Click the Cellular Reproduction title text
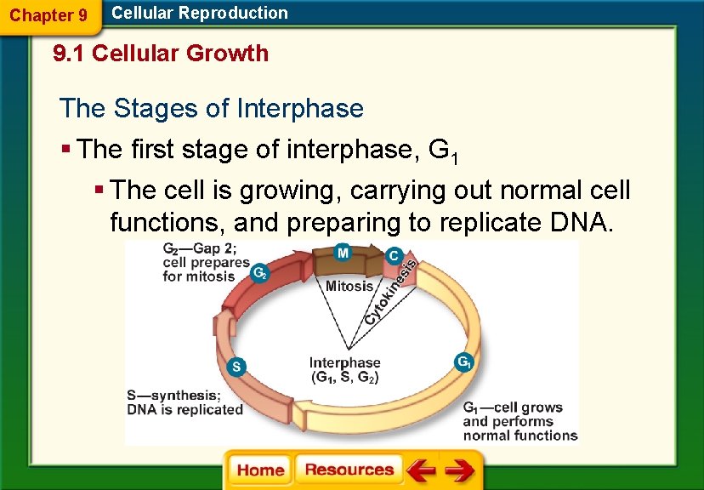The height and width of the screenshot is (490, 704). tap(200, 13)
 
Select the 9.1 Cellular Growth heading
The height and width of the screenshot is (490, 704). tap(161, 54)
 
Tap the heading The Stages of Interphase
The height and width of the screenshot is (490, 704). tap(212, 109)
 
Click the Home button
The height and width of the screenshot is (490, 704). tap(260, 470)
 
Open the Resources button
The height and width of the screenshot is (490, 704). tap(349, 470)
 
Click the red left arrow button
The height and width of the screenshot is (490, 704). tap(420, 470)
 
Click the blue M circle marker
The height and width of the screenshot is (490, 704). tap(342, 253)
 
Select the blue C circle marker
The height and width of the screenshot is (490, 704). tap(394, 255)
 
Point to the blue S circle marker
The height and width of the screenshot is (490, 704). tap(238, 367)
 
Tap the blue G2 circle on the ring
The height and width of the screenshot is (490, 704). tap(262, 273)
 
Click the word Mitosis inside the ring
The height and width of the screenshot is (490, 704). tap(349, 287)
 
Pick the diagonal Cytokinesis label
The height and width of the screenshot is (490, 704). tap(391, 293)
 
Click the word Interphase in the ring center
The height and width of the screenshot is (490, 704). tap(344, 363)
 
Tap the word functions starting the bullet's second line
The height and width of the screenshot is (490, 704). tap(167, 223)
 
